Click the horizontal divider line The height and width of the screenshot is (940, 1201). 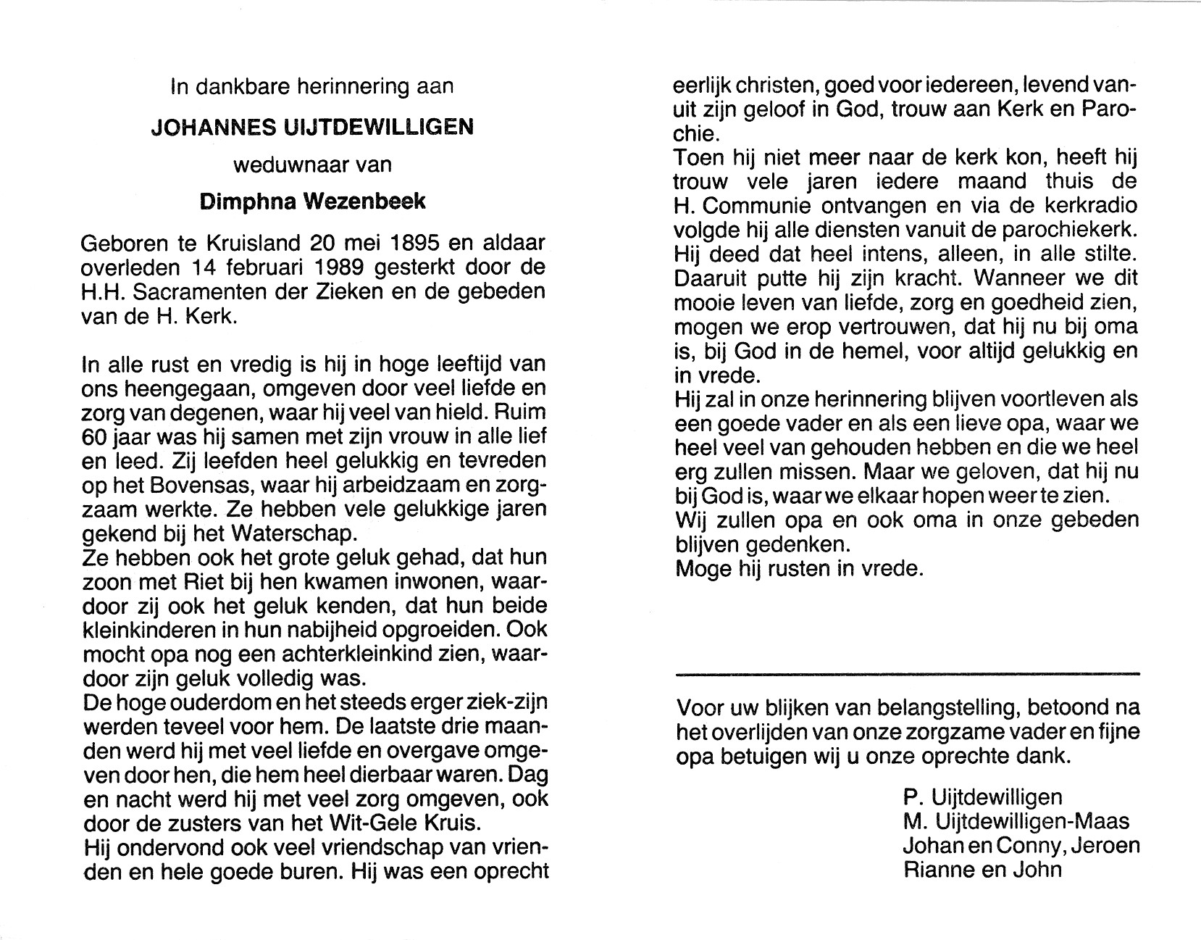pyautogui.click(x=907, y=674)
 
